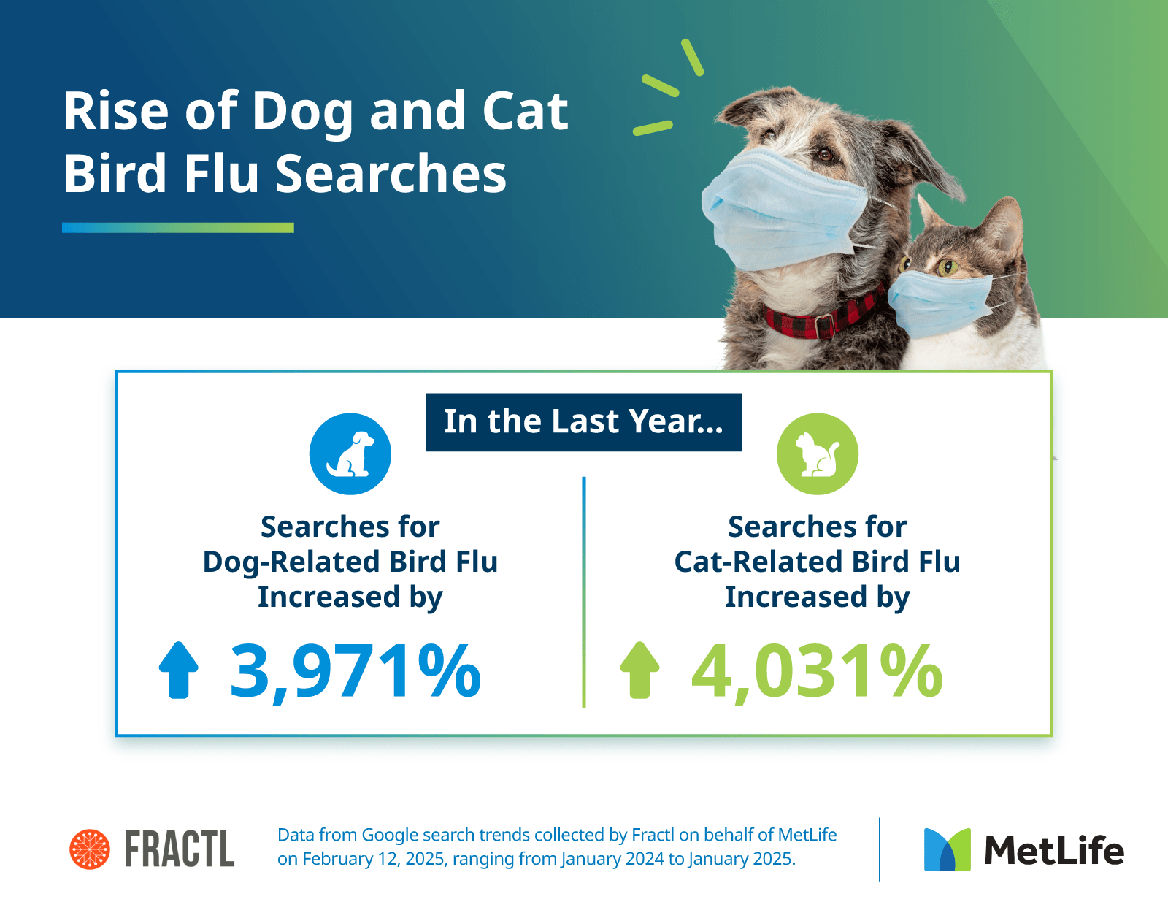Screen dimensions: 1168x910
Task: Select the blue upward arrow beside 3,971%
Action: pyautogui.click(x=178, y=670)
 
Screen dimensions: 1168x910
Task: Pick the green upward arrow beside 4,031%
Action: pyautogui.click(x=639, y=670)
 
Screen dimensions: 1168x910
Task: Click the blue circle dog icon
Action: pyautogui.click(x=350, y=454)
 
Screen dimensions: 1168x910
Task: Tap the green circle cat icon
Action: pyautogui.click(x=817, y=454)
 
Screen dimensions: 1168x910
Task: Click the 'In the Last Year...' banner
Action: pyautogui.click(x=584, y=422)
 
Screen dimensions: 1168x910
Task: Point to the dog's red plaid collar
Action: pyautogui.click(x=823, y=317)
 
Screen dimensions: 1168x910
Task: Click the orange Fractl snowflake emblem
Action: pyautogui.click(x=90, y=849)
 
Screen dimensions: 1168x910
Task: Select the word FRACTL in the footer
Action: pyautogui.click(x=180, y=849)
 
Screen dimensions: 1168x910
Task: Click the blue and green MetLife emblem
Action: pyautogui.click(x=947, y=849)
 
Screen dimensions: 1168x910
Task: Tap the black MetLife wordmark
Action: pyautogui.click(x=1054, y=850)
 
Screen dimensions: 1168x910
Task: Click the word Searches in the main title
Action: pyautogui.click(x=391, y=173)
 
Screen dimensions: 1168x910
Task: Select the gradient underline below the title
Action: pyautogui.click(x=178, y=228)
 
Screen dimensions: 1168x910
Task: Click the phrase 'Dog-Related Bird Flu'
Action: pyautogui.click(x=350, y=562)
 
